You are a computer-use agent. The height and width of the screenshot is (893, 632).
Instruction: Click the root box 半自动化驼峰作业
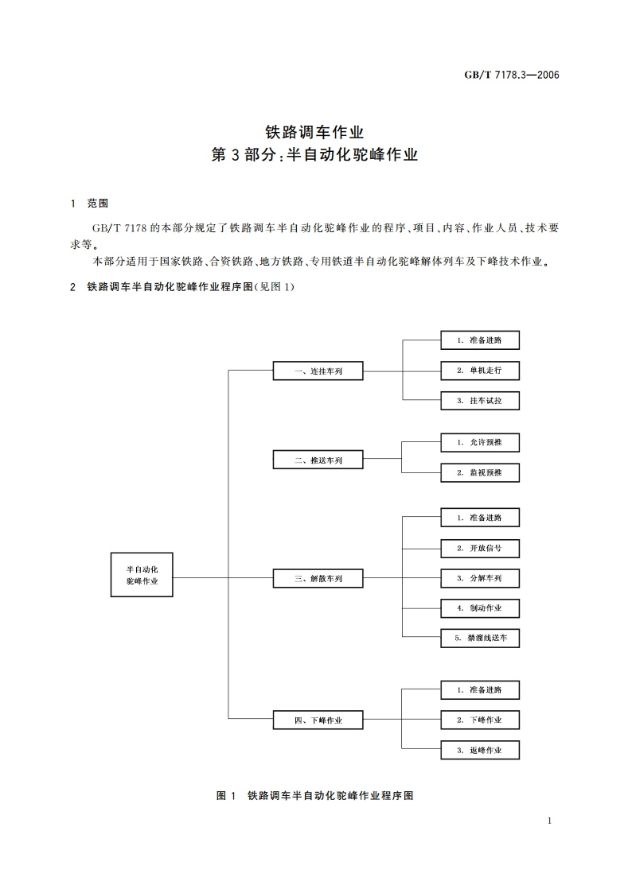[x=142, y=576]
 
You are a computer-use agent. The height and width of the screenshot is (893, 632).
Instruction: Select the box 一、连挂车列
[x=318, y=371]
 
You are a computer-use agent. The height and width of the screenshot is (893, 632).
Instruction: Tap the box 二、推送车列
[x=318, y=460]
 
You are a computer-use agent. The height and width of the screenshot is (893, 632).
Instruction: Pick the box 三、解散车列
[x=318, y=579]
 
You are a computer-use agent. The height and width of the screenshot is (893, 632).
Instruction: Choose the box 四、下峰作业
[x=318, y=720]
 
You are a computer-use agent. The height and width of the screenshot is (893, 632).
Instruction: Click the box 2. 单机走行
[x=480, y=371]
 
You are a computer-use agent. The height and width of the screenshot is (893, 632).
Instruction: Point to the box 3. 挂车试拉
[x=480, y=401]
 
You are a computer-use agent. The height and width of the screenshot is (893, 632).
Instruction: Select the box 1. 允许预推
[x=480, y=441]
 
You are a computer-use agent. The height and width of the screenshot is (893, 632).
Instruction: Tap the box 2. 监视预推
[x=480, y=472]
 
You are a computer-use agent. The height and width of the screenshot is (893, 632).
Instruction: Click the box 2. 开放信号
[x=480, y=549]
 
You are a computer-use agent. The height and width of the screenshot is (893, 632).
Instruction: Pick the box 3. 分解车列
[x=480, y=578]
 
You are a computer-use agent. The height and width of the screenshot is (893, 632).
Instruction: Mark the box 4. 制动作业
[x=480, y=608]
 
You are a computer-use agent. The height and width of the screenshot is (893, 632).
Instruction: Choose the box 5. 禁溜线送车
[x=480, y=638]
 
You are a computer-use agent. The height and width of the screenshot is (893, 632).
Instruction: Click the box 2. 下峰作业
[x=480, y=720]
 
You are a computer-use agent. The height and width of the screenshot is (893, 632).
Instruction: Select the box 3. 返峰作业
[x=480, y=750]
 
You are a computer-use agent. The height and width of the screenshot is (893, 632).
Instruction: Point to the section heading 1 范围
[x=93, y=204]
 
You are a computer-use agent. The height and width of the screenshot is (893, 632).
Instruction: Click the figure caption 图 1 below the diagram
[x=315, y=795]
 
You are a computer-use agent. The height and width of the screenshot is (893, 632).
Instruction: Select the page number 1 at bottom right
[x=550, y=821]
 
